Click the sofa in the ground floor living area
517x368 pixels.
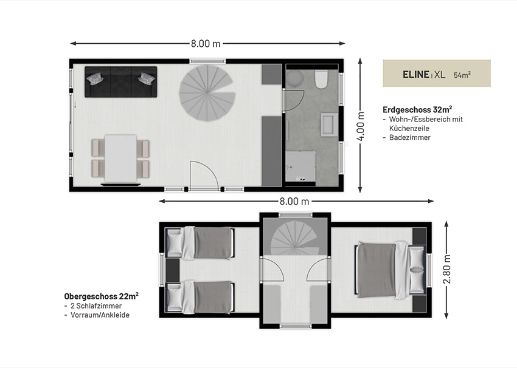pos(120,82)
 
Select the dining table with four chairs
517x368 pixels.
pos(120,158)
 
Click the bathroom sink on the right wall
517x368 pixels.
pos(330,124)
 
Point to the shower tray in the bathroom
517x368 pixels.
pos(300,166)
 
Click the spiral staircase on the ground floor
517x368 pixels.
pos(207,93)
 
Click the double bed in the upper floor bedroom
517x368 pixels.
pos(390,270)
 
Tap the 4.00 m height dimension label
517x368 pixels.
pos(361,126)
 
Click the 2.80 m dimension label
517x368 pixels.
pos(447,269)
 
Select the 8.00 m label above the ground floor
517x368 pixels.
pos(206,44)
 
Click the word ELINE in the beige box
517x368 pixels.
pos(416,75)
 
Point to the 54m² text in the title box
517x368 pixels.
pos(462,75)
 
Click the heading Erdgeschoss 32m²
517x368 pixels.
pos(417,109)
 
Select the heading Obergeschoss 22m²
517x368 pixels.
pos(101,296)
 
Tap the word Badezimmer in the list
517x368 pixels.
pos(410,138)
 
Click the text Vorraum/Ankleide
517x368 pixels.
pos(100,315)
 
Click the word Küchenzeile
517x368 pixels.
pos(409,128)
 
